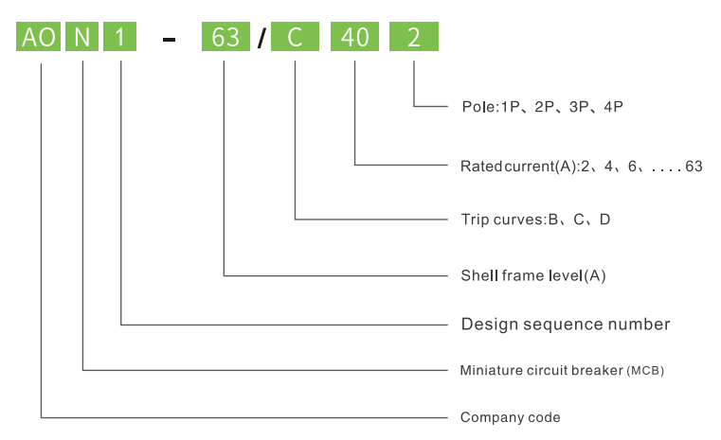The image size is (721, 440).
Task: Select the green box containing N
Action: (83, 38)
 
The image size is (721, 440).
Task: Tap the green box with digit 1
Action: (120, 38)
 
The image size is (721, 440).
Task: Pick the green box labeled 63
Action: (225, 38)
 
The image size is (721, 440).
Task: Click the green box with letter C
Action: (295, 38)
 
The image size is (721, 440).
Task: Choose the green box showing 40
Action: (354, 38)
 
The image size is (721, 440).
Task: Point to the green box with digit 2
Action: (414, 38)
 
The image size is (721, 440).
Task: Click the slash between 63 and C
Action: (261, 39)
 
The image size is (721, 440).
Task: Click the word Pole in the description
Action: (477, 108)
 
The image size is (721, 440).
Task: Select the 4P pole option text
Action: (613, 108)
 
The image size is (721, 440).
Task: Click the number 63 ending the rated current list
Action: (694, 167)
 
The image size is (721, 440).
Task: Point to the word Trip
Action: (475, 220)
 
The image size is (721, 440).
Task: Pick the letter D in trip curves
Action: (605, 220)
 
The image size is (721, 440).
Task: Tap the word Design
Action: (486, 325)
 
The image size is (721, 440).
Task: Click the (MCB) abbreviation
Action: (645, 371)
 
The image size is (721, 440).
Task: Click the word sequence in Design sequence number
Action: (563, 325)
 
